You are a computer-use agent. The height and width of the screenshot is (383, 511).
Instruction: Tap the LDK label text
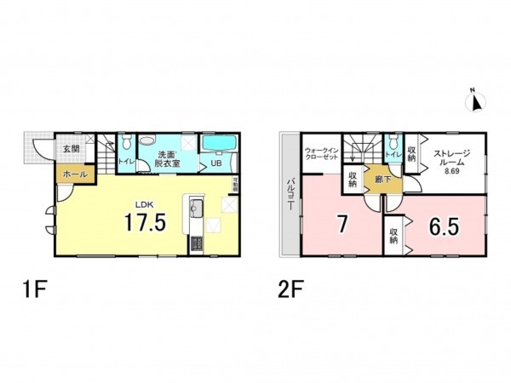pos(145,204)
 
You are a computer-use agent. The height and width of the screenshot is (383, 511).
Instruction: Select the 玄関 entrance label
pos(70,149)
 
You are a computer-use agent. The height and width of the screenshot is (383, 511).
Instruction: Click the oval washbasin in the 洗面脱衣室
pos(146,140)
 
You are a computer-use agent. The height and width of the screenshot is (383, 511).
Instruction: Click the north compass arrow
pos(476,102)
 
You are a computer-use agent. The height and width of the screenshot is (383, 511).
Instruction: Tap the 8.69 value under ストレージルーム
pos(451,172)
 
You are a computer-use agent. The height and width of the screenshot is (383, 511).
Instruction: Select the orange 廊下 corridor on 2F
pos(372,180)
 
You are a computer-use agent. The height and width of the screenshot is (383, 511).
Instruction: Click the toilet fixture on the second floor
pos(393,142)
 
